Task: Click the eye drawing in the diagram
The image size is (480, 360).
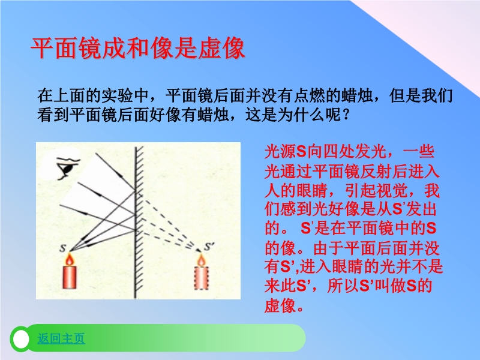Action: (x=68, y=169)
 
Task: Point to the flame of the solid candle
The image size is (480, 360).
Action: (x=70, y=260)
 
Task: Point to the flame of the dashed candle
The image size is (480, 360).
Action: (x=201, y=260)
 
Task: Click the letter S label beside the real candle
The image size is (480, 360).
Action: (x=63, y=248)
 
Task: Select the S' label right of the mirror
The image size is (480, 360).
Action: (x=209, y=247)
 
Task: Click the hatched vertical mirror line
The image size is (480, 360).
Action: (x=136, y=223)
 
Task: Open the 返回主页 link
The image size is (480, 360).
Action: (x=61, y=338)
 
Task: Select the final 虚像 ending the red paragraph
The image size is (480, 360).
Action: (x=280, y=305)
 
